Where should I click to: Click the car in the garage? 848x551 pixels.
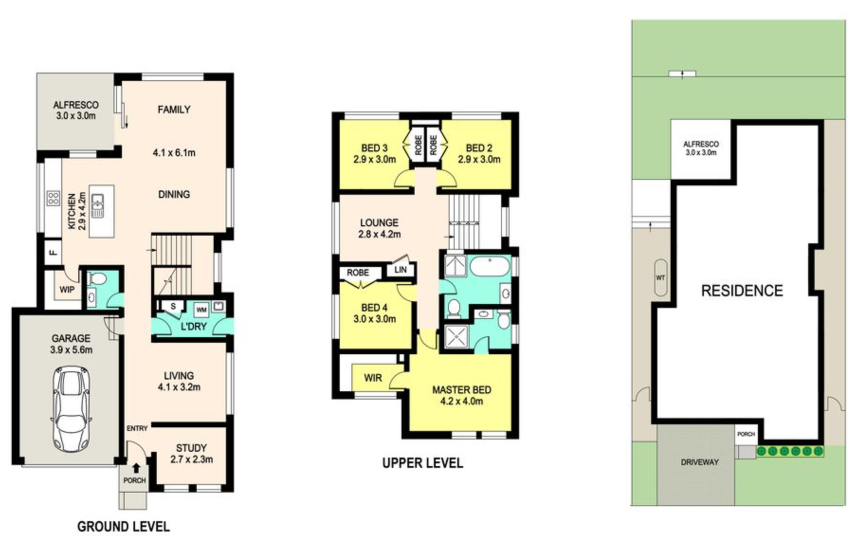pyautogui.click(x=72, y=409)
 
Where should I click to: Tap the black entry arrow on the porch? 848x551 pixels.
pyautogui.click(x=136, y=468)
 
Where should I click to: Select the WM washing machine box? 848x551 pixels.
pyautogui.click(x=201, y=310)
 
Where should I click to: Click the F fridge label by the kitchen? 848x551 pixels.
pyautogui.click(x=54, y=252)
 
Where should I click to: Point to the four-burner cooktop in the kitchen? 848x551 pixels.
pyautogui.click(x=53, y=198)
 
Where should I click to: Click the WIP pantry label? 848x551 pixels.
pyautogui.click(x=67, y=289)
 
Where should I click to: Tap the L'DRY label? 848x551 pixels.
pyautogui.click(x=194, y=326)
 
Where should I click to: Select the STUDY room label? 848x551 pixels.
pyautogui.click(x=191, y=448)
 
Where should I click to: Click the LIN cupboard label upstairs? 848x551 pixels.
pyautogui.click(x=401, y=269)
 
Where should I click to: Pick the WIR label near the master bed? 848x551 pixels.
pyautogui.click(x=373, y=378)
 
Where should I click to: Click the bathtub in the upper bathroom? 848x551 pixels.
pyautogui.click(x=490, y=266)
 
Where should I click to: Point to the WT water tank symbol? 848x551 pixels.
pyautogui.click(x=660, y=278)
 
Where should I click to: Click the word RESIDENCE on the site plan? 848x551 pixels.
pyautogui.click(x=742, y=290)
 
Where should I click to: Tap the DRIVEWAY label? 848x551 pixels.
pyautogui.click(x=700, y=462)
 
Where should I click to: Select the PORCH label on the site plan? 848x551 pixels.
pyautogui.click(x=746, y=434)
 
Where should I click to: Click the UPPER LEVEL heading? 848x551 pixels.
pyautogui.click(x=422, y=463)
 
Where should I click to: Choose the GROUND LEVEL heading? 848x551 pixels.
pyautogui.click(x=123, y=526)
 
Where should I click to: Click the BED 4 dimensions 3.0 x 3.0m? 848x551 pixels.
pyautogui.click(x=374, y=319)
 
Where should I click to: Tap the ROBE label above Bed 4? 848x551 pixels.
pyautogui.click(x=358, y=273)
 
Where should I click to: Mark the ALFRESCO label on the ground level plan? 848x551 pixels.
pyautogui.click(x=76, y=105)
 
